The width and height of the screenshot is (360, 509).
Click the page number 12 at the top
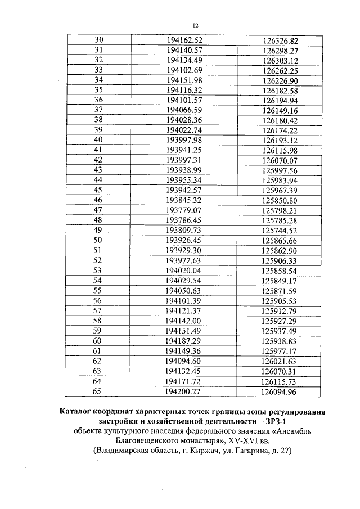point(196,25)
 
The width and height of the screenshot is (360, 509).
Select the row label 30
point(98,40)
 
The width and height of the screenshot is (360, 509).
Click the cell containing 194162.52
point(184,40)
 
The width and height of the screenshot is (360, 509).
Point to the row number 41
point(98,150)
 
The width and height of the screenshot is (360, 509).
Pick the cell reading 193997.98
point(184,139)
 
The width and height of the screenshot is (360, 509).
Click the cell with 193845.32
point(184,200)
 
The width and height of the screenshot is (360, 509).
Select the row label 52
point(98,260)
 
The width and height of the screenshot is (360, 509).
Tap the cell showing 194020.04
point(184,270)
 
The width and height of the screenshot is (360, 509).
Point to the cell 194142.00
point(184,320)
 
